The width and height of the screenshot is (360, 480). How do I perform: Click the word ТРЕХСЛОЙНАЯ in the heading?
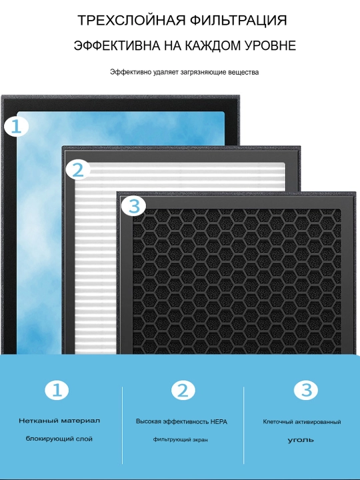click(x=132, y=20)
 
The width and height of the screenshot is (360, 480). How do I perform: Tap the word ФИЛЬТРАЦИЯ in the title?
click(x=239, y=20)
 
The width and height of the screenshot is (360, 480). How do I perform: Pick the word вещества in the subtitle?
click(x=243, y=72)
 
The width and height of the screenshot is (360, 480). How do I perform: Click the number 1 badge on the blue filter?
click(x=16, y=127)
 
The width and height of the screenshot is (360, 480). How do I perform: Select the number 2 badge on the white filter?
click(x=78, y=170)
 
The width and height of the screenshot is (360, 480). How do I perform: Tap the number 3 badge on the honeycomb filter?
click(x=134, y=206)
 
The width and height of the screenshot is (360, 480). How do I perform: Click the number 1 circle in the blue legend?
click(x=57, y=390)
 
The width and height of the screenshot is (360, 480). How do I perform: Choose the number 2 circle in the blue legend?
click(x=183, y=390)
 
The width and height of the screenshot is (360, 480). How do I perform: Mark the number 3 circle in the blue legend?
click(x=306, y=390)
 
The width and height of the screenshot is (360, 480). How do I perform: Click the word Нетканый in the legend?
click(x=38, y=421)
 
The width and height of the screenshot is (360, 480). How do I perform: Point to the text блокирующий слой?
click(x=59, y=439)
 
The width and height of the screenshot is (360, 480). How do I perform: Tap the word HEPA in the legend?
click(x=219, y=422)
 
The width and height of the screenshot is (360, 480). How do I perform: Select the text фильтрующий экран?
click(x=181, y=439)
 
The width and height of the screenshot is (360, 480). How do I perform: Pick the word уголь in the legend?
click(x=301, y=440)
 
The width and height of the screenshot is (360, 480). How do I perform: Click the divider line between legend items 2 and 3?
click(x=244, y=425)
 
